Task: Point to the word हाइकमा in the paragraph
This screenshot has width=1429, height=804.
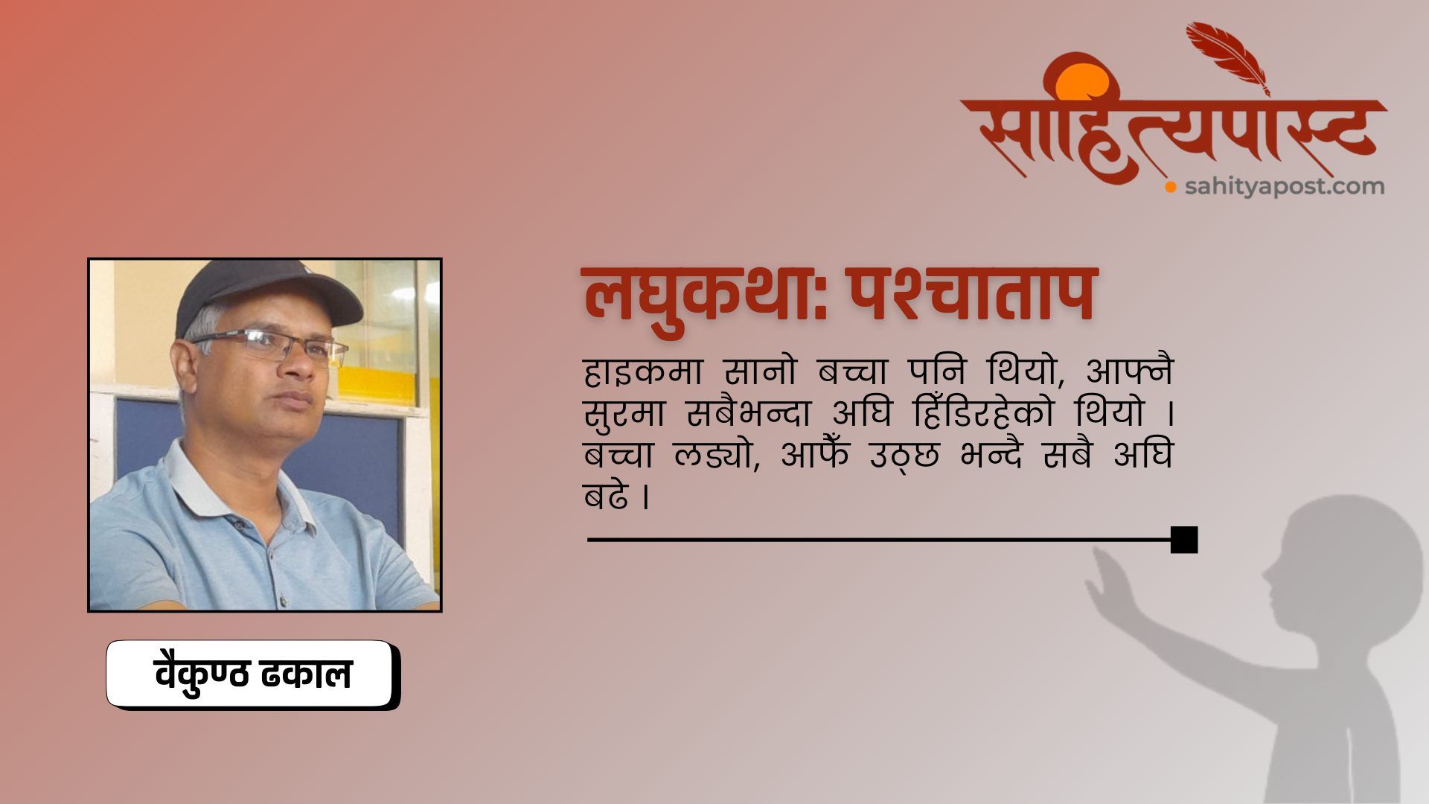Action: pyautogui.click(x=639, y=371)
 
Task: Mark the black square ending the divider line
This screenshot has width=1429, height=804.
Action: pyautogui.click(x=1184, y=540)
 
